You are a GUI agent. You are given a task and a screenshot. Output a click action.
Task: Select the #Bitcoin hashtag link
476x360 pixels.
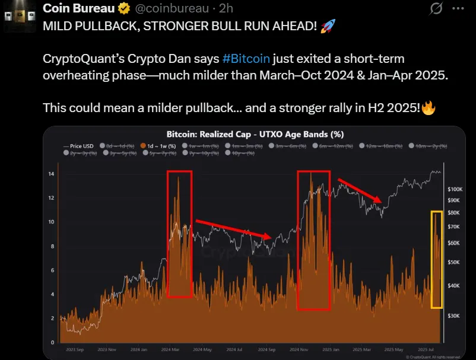click(x=246, y=59)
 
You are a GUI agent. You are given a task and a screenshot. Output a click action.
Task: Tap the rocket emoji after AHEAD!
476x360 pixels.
click(x=327, y=26)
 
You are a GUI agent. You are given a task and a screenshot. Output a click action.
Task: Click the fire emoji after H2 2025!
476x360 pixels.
click(x=428, y=109)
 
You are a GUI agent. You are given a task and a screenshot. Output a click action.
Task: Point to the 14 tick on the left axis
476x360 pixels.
click(x=51, y=174)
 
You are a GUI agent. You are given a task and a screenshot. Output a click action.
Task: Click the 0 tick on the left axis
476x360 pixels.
click(x=52, y=342)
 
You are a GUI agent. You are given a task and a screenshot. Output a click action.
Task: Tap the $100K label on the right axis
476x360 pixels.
click(x=455, y=189)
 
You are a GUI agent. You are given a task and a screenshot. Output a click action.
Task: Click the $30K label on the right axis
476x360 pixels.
click(x=453, y=316)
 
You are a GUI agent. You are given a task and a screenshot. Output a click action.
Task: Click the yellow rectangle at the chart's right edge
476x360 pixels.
click(x=436, y=259)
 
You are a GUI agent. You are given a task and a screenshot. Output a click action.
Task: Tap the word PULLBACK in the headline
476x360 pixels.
click(x=101, y=27)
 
